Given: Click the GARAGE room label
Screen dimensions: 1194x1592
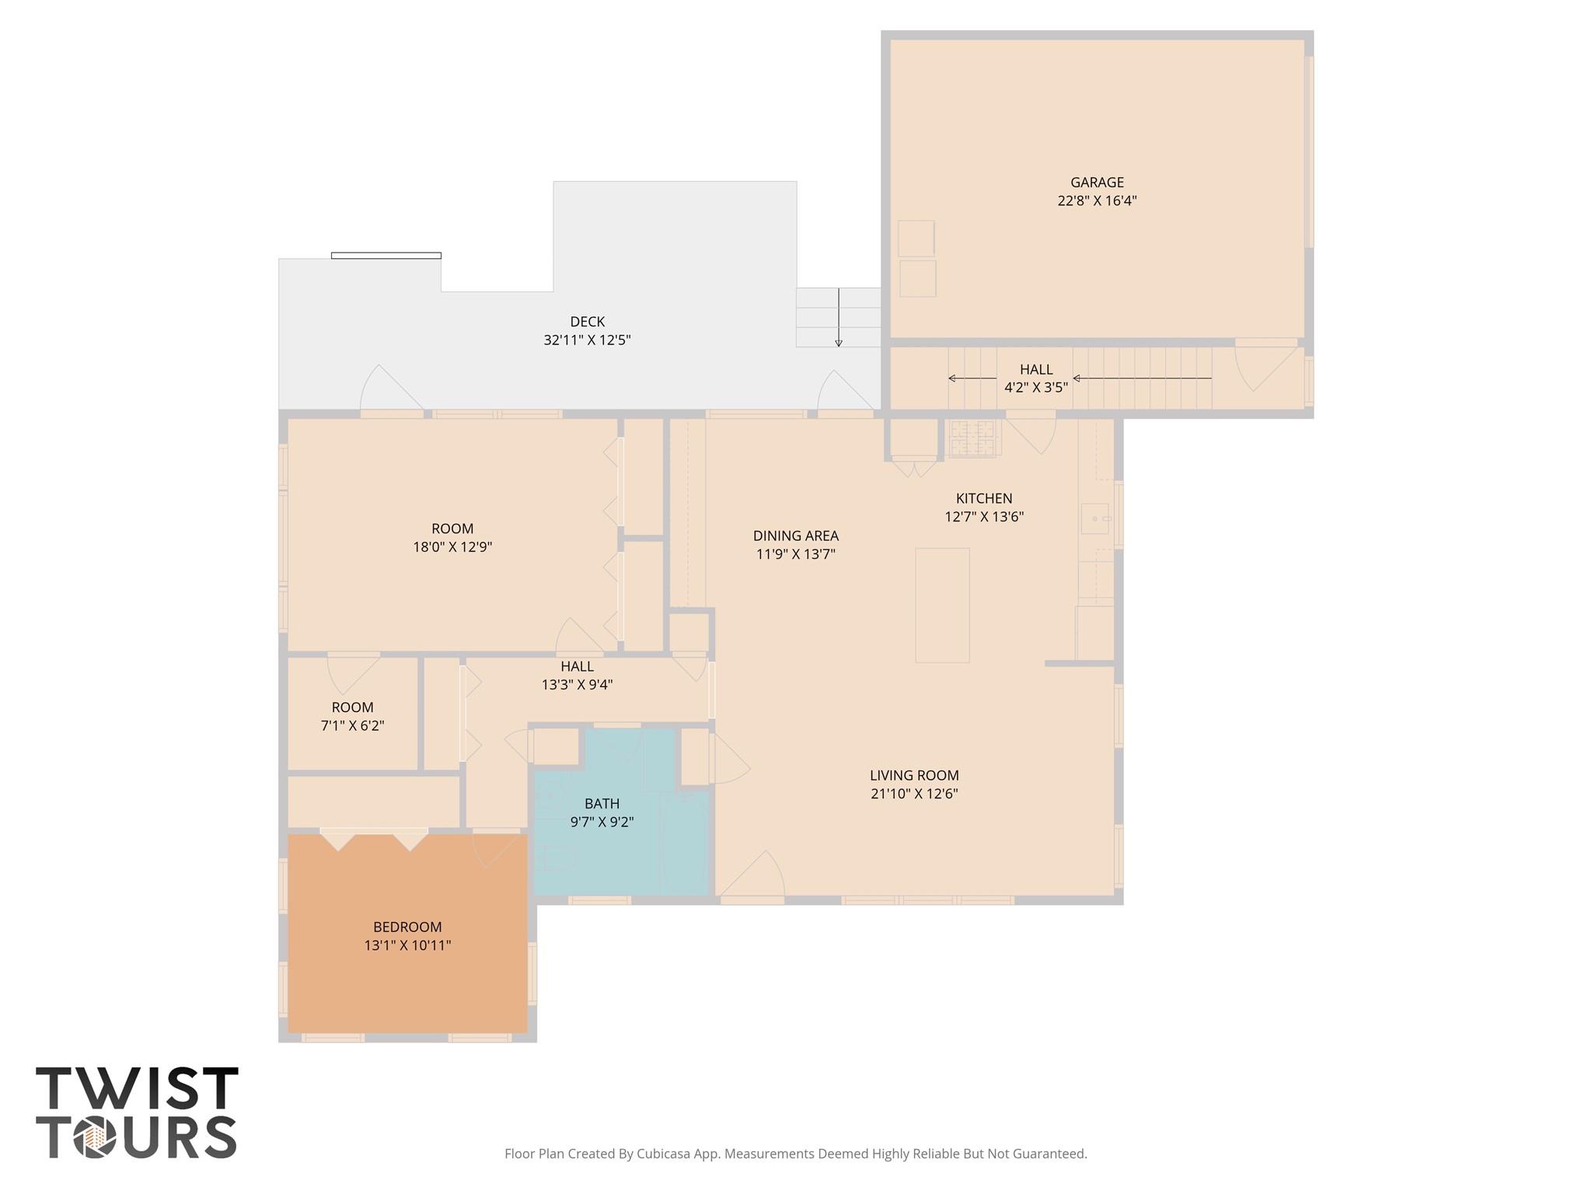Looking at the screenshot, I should click(1097, 183).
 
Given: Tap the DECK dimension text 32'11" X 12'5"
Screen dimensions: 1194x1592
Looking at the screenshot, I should click(587, 340).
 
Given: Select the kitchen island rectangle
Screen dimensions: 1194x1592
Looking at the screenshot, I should click(942, 605).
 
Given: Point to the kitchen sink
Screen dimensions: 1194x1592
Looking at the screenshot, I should click(1096, 518).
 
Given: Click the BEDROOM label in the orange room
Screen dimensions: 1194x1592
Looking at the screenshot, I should click(407, 927).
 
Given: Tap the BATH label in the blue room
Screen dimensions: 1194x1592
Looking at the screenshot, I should click(602, 804).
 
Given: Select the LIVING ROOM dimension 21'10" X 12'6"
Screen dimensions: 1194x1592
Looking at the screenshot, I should click(914, 794).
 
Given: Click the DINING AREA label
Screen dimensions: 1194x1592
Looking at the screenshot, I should click(795, 536).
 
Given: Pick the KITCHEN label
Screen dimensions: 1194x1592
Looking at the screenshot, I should click(984, 498).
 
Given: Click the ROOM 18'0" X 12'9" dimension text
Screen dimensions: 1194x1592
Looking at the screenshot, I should click(452, 547).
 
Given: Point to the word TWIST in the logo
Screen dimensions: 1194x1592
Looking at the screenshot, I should click(137, 1089).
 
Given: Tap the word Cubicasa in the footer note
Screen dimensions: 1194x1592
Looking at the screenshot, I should click(665, 1154).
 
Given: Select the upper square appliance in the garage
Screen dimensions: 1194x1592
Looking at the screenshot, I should click(916, 238).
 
